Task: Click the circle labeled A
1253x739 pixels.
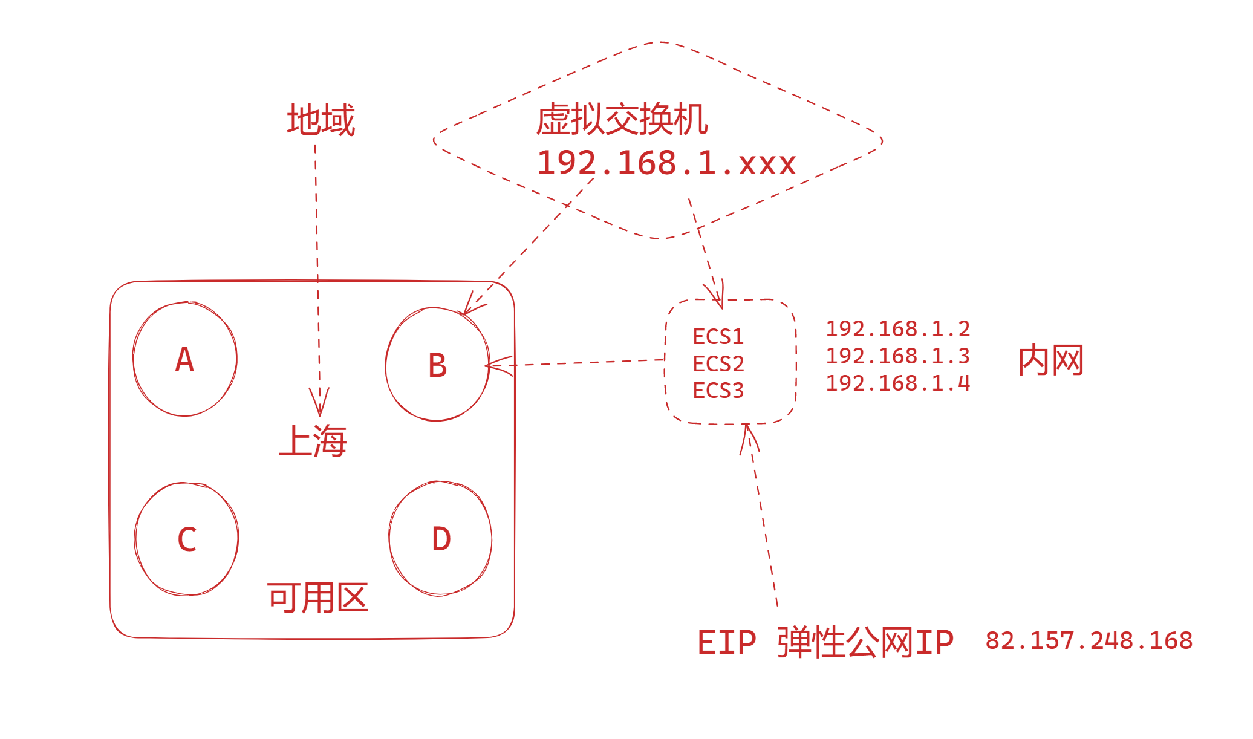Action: click(x=184, y=359)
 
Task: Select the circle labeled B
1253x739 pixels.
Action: click(x=437, y=365)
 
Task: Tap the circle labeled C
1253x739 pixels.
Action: click(x=186, y=539)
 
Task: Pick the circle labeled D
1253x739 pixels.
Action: click(x=441, y=539)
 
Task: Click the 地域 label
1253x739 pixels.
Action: click(x=321, y=120)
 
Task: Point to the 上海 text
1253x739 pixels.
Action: click(x=313, y=441)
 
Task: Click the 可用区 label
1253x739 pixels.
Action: click(x=318, y=598)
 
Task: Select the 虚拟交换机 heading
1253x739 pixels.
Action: click(x=622, y=119)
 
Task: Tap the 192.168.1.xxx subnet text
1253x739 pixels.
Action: click(x=666, y=163)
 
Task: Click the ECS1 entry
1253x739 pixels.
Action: click(x=718, y=336)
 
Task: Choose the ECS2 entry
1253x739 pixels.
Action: click(x=718, y=363)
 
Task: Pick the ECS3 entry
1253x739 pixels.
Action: click(x=718, y=391)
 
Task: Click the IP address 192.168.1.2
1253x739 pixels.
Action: click(x=898, y=329)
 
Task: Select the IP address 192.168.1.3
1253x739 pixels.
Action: click(x=898, y=356)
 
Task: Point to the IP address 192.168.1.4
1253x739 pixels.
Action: click(x=898, y=383)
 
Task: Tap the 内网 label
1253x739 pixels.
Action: click(x=1050, y=360)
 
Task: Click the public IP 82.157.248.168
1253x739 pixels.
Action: click(x=1089, y=641)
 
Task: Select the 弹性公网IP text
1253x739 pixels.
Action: click(x=865, y=642)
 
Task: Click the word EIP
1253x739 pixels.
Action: click(x=726, y=642)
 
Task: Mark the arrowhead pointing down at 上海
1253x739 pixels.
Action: click(x=319, y=403)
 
